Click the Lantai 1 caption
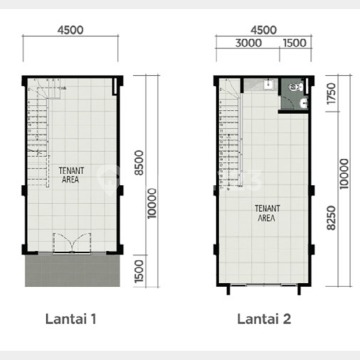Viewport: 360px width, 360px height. point(71,319)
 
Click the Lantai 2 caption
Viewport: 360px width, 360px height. point(264,319)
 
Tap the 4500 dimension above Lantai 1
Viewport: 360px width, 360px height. point(70,30)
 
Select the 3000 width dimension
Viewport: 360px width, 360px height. point(248,43)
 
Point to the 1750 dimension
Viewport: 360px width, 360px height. point(332,94)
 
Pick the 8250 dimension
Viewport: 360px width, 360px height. point(332,218)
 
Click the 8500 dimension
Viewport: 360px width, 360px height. point(139,162)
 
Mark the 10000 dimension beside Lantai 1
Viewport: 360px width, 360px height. point(152,203)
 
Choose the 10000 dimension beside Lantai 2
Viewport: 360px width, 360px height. point(344,174)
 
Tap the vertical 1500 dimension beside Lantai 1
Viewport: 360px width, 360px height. point(139,271)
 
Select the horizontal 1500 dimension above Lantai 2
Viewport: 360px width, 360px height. point(295,43)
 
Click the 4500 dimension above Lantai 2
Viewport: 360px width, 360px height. point(264,30)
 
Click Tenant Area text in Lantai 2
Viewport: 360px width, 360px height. point(267,213)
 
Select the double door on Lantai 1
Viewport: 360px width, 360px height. point(72,243)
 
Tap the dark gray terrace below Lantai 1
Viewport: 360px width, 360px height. point(72,270)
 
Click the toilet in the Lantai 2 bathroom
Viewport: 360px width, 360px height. point(296,88)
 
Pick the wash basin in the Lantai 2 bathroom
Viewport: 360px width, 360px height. point(304,104)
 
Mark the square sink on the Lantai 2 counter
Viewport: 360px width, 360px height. point(268,85)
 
